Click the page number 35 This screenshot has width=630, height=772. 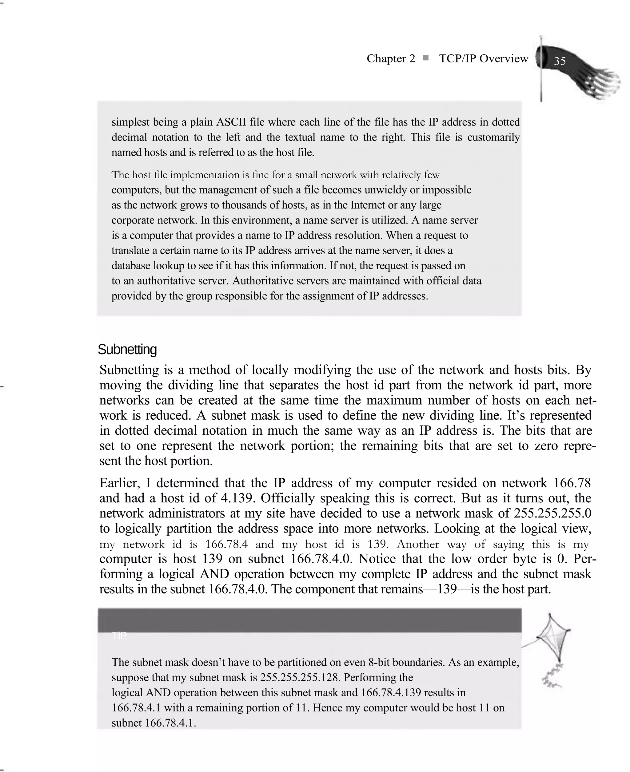pyautogui.click(x=560, y=61)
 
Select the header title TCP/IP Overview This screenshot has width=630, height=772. pyautogui.click(x=483, y=58)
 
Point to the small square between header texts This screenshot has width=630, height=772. pyautogui.click(x=426, y=58)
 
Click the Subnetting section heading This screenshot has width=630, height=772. pyautogui.click(x=127, y=350)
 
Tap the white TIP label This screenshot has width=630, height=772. pyautogui.click(x=119, y=636)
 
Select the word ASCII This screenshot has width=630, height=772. pyautogui.click(x=231, y=122)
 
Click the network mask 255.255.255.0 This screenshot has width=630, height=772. pyautogui.click(x=553, y=513)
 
